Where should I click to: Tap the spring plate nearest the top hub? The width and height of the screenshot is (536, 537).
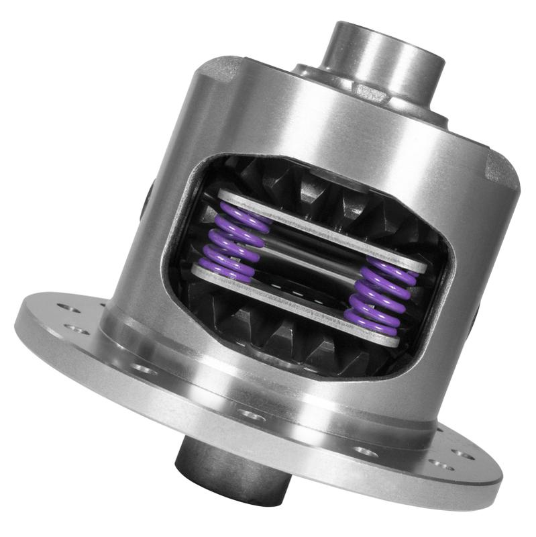tap(322, 228)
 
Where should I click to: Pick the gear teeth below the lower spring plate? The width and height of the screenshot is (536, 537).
tap(282, 336)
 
